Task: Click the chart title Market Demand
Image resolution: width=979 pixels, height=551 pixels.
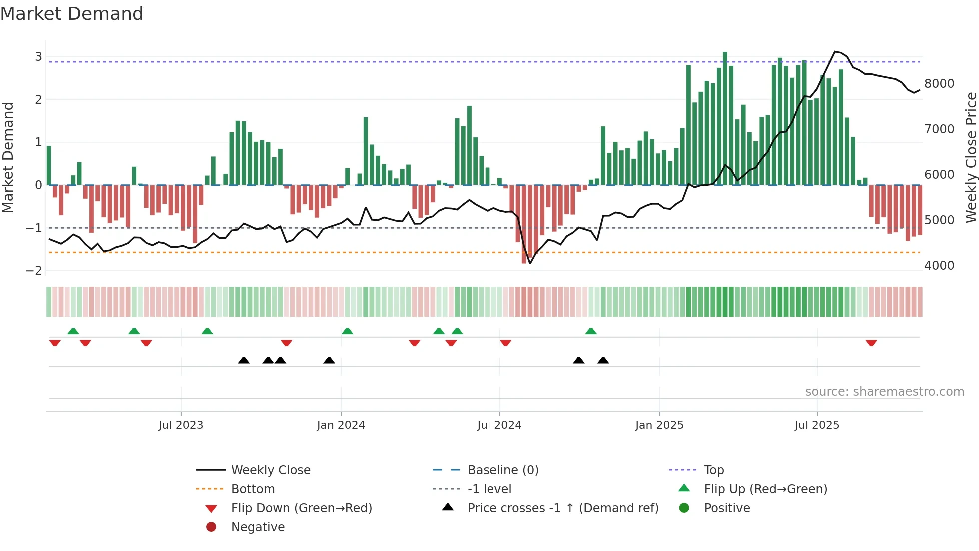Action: click(x=72, y=14)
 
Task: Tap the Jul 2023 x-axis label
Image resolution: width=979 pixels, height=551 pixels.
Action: click(x=181, y=425)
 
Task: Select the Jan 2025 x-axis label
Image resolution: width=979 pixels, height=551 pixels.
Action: click(x=659, y=425)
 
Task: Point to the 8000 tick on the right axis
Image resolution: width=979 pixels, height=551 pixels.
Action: click(x=939, y=84)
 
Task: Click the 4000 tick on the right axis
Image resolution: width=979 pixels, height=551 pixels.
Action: click(x=939, y=266)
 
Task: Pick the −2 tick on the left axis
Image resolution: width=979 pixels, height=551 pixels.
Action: click(x=34, y=271)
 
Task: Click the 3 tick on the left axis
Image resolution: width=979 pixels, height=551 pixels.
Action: click(x=38, y=57)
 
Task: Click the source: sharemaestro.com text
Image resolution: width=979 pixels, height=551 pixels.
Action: click(x=884, y=392)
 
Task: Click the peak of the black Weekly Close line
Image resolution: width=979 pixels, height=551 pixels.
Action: click(x=835, y=52)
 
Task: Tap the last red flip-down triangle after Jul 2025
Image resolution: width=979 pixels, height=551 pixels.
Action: click(x=871, y=343)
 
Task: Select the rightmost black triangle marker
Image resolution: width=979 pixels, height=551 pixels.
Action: click(x=603, y=360)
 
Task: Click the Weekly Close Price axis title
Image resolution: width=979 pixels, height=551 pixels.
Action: click(x=971, y=157)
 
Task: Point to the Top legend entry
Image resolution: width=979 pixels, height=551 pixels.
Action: click(x=714, y=470)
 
